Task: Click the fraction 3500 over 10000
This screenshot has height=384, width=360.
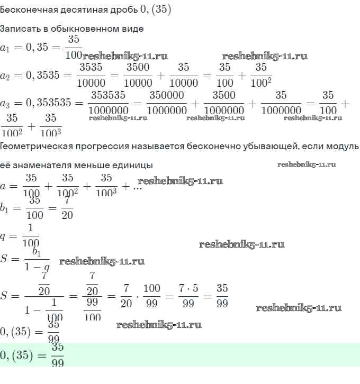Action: click(x=138, y=75)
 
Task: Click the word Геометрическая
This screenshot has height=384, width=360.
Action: click(x=35, y=145)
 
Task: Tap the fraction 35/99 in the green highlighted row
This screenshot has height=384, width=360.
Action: click(x=58, y=355)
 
